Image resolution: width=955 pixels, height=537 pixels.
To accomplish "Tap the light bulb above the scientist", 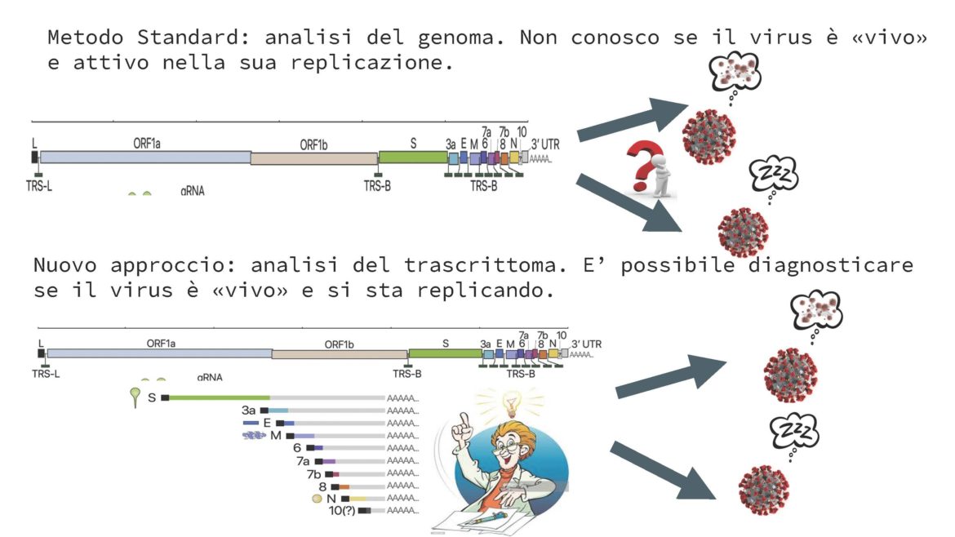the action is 511,404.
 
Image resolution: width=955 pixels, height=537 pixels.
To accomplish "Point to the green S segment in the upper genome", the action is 413,158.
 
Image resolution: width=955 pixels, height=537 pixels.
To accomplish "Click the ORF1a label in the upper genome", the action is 147,144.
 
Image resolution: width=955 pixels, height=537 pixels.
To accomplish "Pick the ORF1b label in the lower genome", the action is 339,344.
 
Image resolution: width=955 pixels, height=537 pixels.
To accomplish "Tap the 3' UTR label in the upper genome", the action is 545,144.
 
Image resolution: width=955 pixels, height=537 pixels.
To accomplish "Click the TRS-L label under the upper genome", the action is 39,186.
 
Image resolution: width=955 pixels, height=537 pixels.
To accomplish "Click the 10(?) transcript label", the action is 342,511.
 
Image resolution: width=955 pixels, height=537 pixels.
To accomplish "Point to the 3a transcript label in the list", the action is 248,411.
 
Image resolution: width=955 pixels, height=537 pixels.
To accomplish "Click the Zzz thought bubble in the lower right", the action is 794,433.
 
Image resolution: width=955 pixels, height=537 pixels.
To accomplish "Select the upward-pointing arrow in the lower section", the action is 671,376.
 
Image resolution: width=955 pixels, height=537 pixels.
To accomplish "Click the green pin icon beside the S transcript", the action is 135,397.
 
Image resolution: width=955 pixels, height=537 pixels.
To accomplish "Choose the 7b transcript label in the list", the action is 313,473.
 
